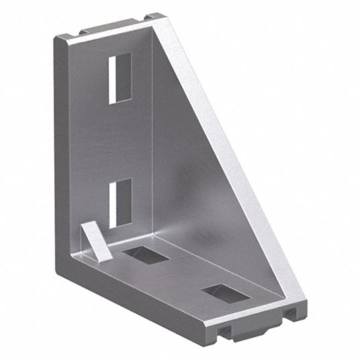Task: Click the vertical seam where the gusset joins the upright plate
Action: coord(152,134)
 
